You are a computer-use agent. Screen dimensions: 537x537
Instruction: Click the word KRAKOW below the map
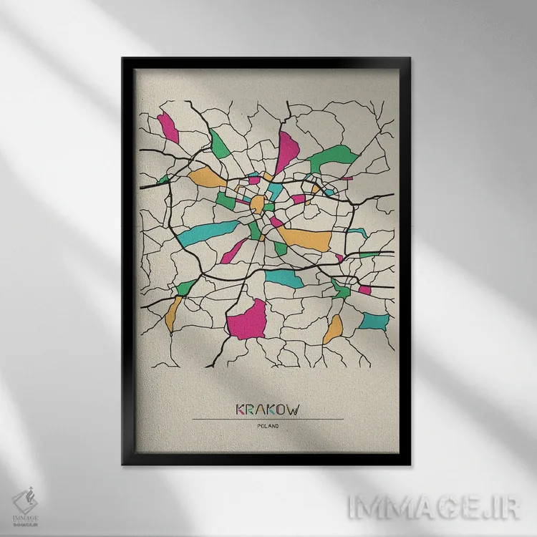coord(268,410)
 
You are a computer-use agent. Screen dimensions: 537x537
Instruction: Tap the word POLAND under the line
coord(268,427)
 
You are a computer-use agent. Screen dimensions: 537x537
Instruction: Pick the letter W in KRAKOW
coord(293,410)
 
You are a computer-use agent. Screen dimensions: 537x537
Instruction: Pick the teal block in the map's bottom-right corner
coord(374,321)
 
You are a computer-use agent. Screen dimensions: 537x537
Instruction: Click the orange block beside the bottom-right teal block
coord(333,329)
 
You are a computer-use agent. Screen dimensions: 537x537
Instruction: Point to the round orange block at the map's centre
coord(256,203)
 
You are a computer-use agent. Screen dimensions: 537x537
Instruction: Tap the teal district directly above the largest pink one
coord(285,279)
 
